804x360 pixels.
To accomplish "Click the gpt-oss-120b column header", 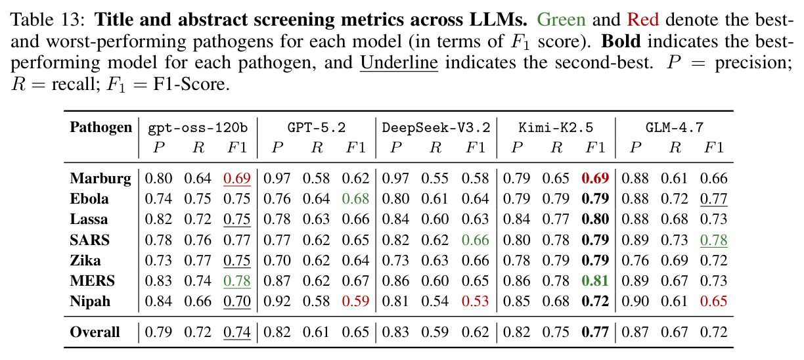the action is pyautogui.click(x=198, y=128).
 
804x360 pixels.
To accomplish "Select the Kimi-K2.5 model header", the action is pyautogui.click(x=556, y=127).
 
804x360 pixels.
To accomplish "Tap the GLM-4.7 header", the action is pyautogui.click(x=675, y=127).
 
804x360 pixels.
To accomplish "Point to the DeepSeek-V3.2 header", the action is pyautogui.click(x=436, y=128).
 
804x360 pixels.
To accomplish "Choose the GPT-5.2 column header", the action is pyautogui.click(x=316, y=127).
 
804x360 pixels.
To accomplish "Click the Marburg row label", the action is pyautogui.click(x=100, y=179).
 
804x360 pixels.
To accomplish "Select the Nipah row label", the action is pyautogui.click(x=90, y=301).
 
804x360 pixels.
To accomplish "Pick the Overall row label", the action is pyautogui.click(x=95, y=332).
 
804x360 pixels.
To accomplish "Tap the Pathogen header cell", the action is pyautogui.click(x=101, y=127).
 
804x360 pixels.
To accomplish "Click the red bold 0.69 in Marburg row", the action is pyautogui.click(x=595, y=179).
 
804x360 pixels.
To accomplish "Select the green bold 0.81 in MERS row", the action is pyautogui.click(x=595, y=281).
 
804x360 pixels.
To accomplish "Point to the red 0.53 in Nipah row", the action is pyautogui.click(x=475, y=301).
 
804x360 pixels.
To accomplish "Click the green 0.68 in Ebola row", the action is pyautogui.click(x=355, y=199).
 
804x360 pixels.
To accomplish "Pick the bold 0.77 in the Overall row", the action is pyautogui.click(x=595, y=332).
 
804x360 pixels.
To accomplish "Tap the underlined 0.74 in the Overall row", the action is pyautogui.click(x=237, y=332).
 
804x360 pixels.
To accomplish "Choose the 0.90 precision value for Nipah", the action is pyautogui.click(x=635, y=301).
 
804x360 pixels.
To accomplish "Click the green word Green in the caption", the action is pyautogui.click(x=562, y=20).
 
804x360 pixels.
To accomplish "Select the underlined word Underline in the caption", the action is pyautogui.click(x=399, y=63).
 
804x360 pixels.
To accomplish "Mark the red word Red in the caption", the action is pyautogui.click(x=643, y=20).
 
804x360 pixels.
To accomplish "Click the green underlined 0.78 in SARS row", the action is pyautogui.click(x=713, y=240).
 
